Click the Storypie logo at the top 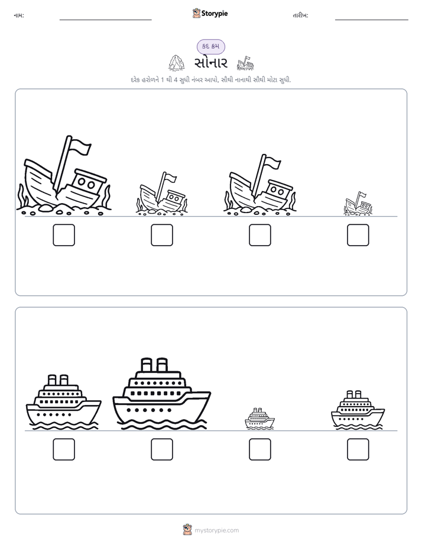(x=210, y=13)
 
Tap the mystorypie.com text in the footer (x=216, y=530)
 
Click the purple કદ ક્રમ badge (x=210, y=46)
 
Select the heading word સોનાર (x=211, y=63)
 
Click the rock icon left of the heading (x=177, y=62)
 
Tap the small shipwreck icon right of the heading (x=245, y=63)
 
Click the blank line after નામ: (x=105, y=20)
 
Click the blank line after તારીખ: (x=372, y=20)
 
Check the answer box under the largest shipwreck (x=64, y=235)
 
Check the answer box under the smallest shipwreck (x=358, y=235)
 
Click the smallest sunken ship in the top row (x=358, y=204)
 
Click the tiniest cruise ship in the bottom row (x=259, y=419)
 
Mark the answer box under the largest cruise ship (x=162, y=449)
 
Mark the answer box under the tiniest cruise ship (x=260, y=449)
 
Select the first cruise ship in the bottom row (x=64, y=402)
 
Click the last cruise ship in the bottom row (x=358, y=410)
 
